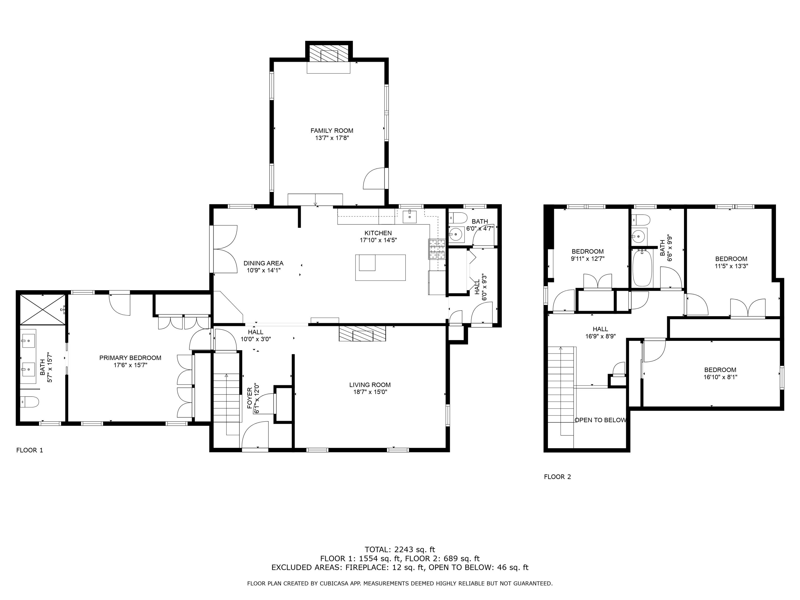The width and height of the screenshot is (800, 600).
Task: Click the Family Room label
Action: pyautogui.click(x=332, y=131)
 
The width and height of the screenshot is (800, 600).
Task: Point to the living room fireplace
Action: pyautogui.click(x=362, y=333)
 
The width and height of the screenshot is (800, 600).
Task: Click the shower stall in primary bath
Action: pyautogui.click(x=43, y=310)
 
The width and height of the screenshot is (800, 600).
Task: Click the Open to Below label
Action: pyautogui.click(x=600, y=420)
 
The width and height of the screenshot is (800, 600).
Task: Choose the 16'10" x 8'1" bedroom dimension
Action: pyautogui.click(x=720, y=377)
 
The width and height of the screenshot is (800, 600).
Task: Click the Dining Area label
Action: pyautogui.click(x=263, y=263)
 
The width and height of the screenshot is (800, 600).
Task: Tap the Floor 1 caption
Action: pyautogui.click(x=30, y=450)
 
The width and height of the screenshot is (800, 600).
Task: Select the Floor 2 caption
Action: pyautogui.click(x=557, y=477)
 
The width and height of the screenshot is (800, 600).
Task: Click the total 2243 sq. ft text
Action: pyautogui.click(x=400, y=550)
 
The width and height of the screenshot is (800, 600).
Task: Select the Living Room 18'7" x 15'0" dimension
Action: pyautogui.click(x=370, y=392)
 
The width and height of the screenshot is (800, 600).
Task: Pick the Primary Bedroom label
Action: pyautogui.click(x=130, y=358)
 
